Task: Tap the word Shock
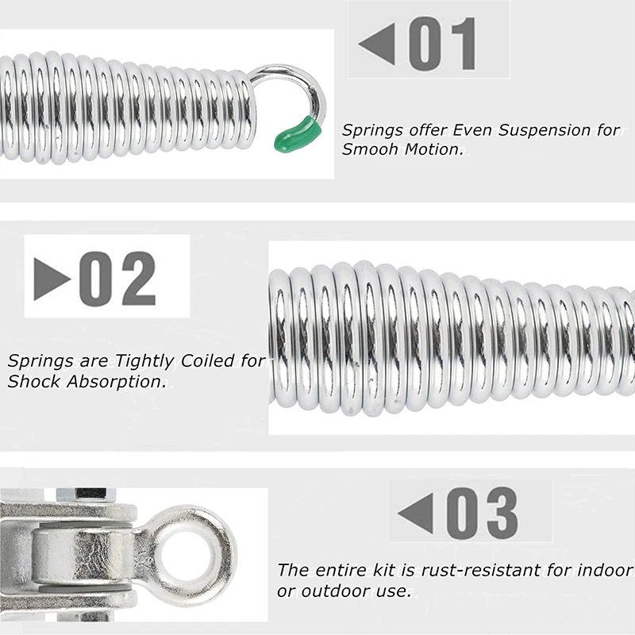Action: click(x=31, y=381)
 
